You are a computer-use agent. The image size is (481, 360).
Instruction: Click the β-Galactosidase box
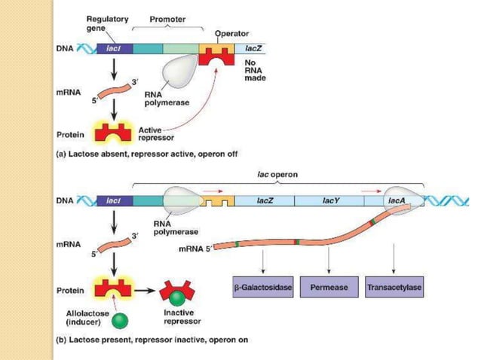260,288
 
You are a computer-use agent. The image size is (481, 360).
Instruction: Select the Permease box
328,288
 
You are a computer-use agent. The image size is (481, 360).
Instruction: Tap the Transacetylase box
393,288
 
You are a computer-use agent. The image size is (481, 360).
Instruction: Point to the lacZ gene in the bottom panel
264,201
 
